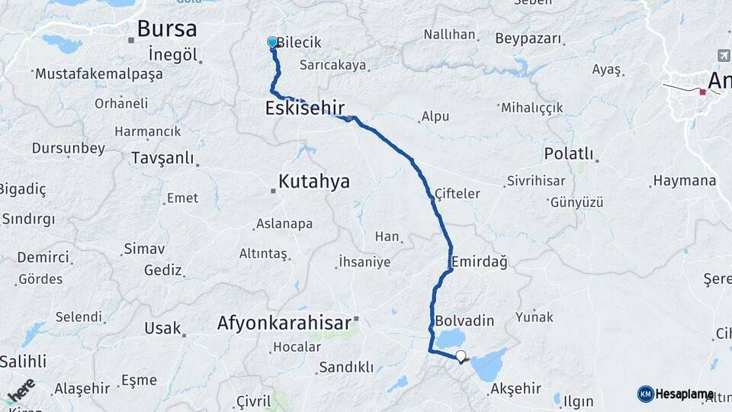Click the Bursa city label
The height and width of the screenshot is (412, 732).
166,29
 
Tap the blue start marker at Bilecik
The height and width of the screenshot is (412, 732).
272,43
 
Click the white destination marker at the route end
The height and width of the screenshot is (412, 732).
460,356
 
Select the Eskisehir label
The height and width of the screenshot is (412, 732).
305,108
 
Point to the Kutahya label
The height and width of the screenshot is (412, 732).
313,182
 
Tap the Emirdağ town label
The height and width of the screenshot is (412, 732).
479,262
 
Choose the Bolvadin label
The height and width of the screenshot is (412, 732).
465,320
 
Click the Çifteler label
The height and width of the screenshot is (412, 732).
457,194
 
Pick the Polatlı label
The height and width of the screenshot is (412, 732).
569,153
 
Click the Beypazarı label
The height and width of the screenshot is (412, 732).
528,38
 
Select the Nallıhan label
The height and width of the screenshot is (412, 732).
449,35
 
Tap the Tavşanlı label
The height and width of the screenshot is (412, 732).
162,158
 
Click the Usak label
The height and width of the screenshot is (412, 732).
162,328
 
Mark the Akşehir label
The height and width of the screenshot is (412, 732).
516,388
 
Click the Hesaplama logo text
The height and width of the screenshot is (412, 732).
684,394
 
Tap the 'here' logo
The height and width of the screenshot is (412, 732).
21,391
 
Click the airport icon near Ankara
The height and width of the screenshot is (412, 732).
724,56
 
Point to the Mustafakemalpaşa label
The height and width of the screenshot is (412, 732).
98,74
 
